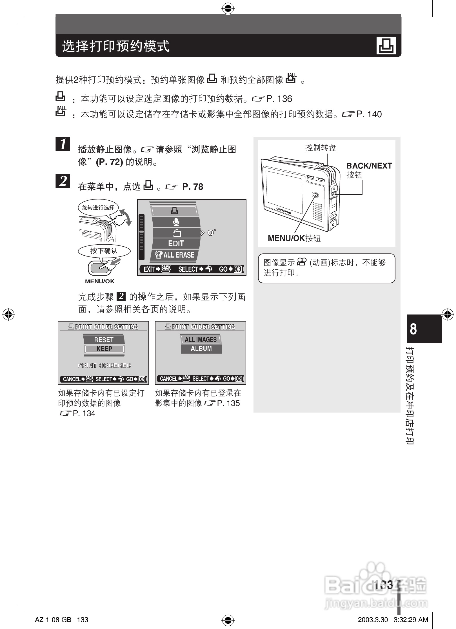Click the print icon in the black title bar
386,45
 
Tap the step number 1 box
63,144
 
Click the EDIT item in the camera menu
176,243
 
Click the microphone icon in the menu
176,222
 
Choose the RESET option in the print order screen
104,340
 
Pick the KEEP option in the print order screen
104,349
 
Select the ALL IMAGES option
201,340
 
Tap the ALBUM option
201,349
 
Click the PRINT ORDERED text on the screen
104,366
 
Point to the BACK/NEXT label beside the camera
369,166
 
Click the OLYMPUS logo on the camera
284,211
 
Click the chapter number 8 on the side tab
413,329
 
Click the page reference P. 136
279,99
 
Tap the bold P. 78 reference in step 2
193,187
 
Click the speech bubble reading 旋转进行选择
98,208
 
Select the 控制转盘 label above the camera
321,148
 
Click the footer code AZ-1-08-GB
53,620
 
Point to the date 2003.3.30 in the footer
373,620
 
